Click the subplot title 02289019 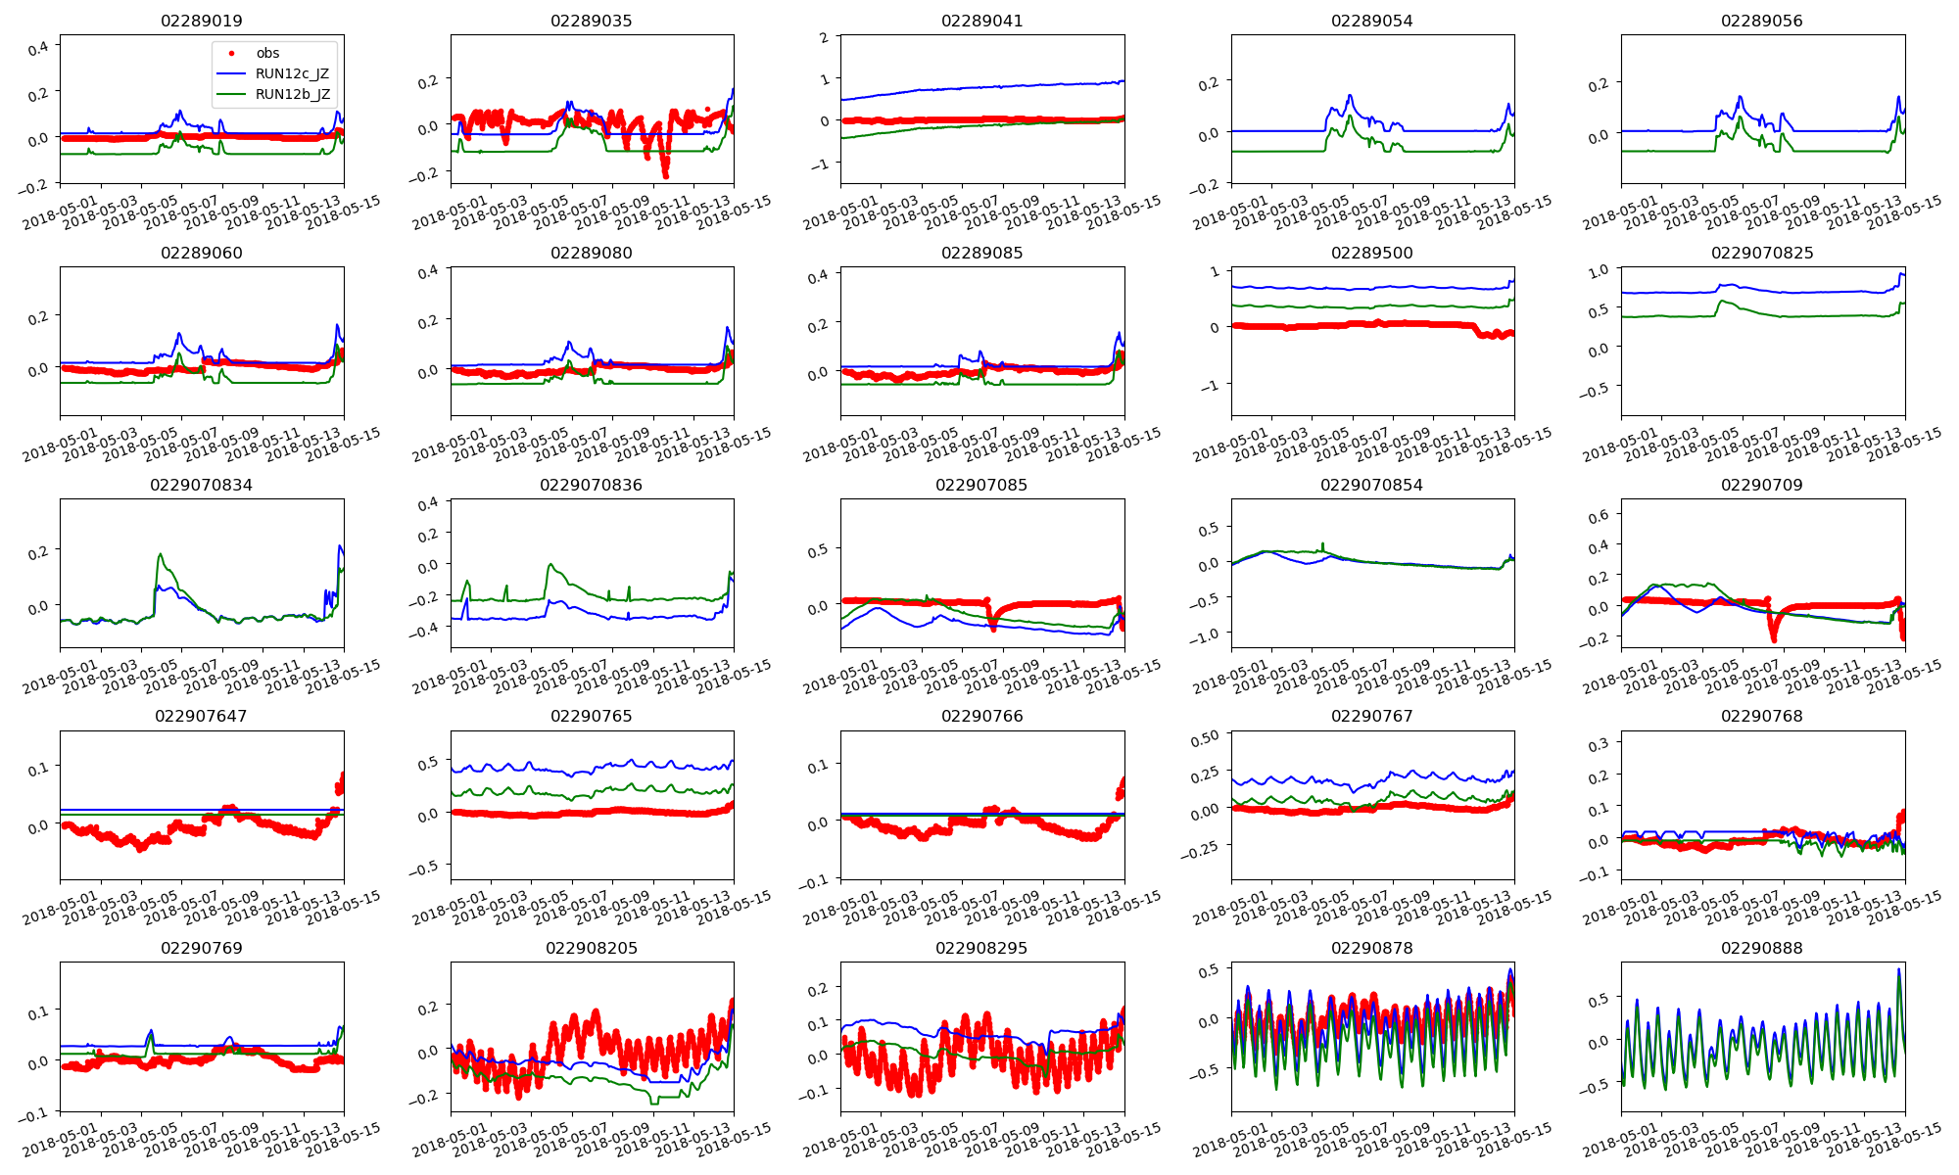point(202,21)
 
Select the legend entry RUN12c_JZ point(292,74)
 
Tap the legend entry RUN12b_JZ point(292,95)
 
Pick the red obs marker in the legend point(231,54)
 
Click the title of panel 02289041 point(981,21)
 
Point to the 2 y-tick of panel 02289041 point(825,38)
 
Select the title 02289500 point(1371,253)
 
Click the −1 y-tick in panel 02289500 point(1212,386)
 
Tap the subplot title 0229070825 point(1762,253)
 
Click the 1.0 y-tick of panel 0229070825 point(1599,271)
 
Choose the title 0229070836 point(591,485)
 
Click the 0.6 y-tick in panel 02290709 point(1599,515)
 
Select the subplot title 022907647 point(202,716)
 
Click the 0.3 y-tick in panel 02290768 point(1599,745)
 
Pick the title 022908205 point(591,948)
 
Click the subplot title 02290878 point(1371,948)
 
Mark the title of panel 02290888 point(1762,948)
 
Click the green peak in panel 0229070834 point(161,554)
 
